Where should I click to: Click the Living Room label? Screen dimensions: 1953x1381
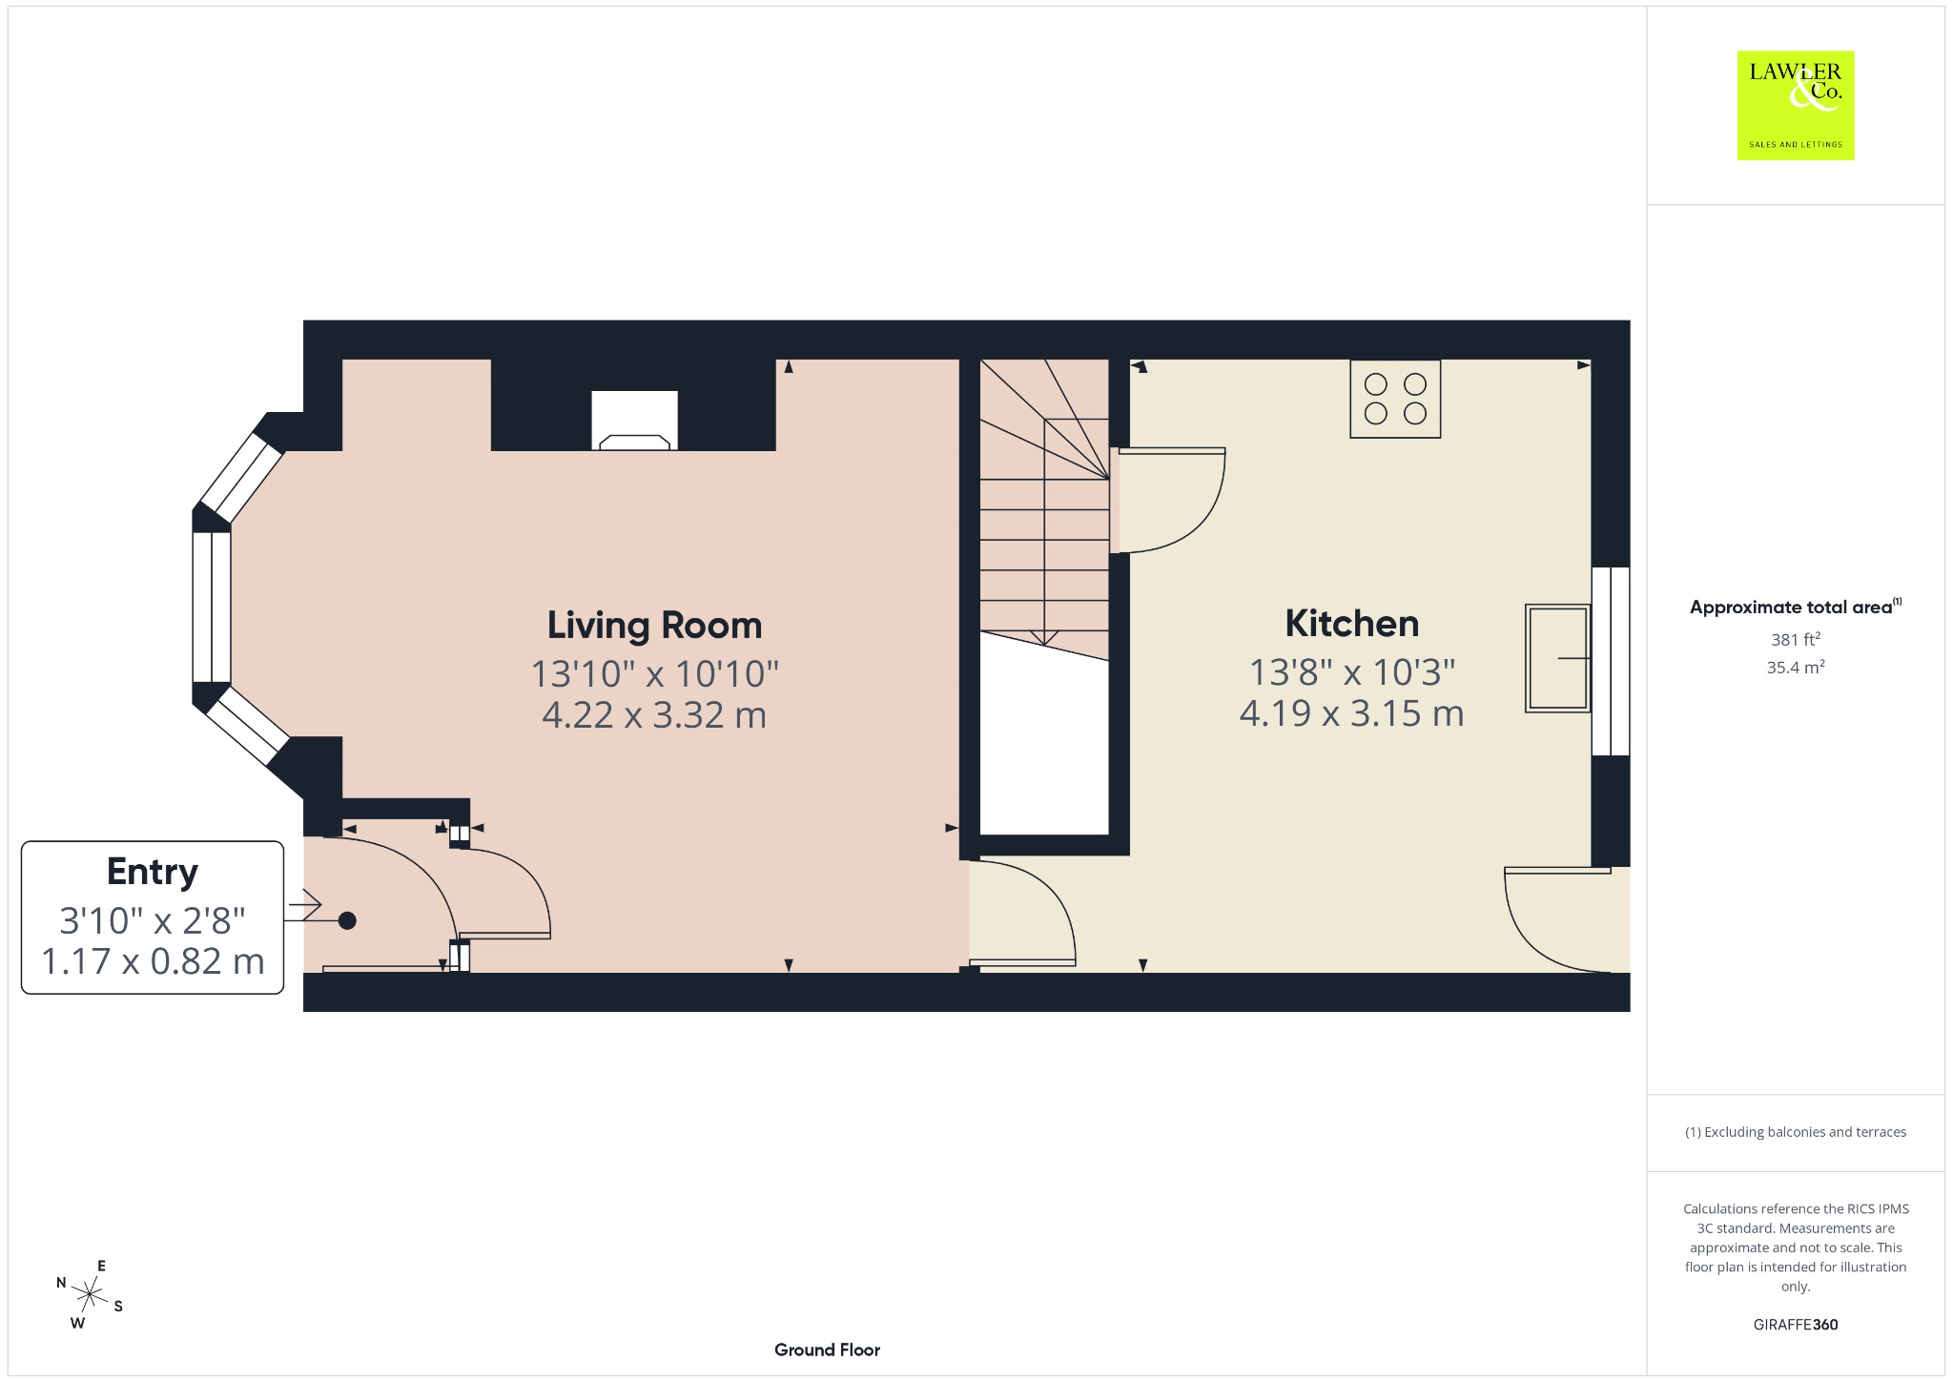pos(654,626)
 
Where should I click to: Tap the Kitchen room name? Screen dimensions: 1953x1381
pos(1351,624)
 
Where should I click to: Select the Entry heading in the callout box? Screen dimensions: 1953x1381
pos(153,872)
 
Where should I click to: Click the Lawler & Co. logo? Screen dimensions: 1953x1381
pos(1796,105)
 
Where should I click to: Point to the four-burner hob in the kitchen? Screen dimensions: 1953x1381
pos(1395,399)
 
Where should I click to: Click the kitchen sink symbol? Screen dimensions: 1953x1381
pos(1558,658)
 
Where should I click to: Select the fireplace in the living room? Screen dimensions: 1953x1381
pos(634,420)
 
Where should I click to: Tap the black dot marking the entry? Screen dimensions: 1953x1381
pos(347,920)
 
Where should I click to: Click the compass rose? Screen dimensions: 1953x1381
pos(90,1295)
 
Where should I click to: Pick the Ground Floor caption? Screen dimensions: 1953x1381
pos(827,1350)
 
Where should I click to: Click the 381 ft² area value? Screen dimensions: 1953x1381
pos(1796,639)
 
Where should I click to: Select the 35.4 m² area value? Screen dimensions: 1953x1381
pos(1796,667)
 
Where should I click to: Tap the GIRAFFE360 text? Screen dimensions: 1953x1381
pos(1796,1324)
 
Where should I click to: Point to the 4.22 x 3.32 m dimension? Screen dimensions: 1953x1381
pos(654,715)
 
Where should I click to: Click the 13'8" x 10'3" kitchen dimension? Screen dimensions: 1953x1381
pos(1352,672)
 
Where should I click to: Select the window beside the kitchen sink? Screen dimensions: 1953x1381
pos(1611,661)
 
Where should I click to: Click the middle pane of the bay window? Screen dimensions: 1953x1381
pos(212,608)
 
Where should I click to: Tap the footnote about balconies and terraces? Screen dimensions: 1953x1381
pos(1796,1132)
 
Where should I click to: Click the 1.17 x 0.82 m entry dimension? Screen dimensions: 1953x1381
pos(153,961)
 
